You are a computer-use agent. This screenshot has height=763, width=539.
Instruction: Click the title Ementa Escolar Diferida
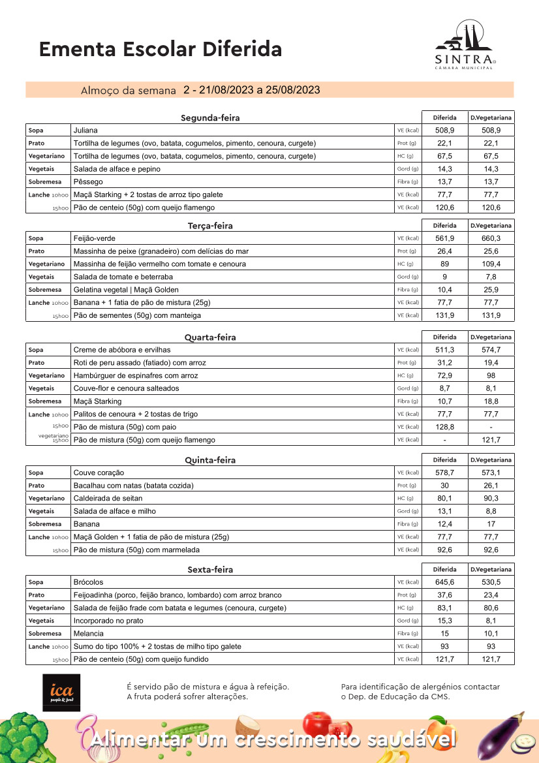point(161,49)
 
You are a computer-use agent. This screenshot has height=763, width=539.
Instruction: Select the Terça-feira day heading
point(210,226)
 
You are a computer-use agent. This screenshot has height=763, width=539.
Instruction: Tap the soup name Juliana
point(85,131)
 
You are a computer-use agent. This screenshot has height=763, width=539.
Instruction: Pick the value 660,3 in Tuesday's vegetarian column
point(491,238)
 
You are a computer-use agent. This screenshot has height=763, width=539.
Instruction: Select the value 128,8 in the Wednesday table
point(445,427)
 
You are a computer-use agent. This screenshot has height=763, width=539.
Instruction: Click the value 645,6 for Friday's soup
point(445,582)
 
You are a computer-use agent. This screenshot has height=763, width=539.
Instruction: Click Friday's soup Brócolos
point(88,582)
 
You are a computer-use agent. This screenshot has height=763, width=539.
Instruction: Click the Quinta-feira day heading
point(210,460)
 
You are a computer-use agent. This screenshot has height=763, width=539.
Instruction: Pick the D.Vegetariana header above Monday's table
point(491,117)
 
